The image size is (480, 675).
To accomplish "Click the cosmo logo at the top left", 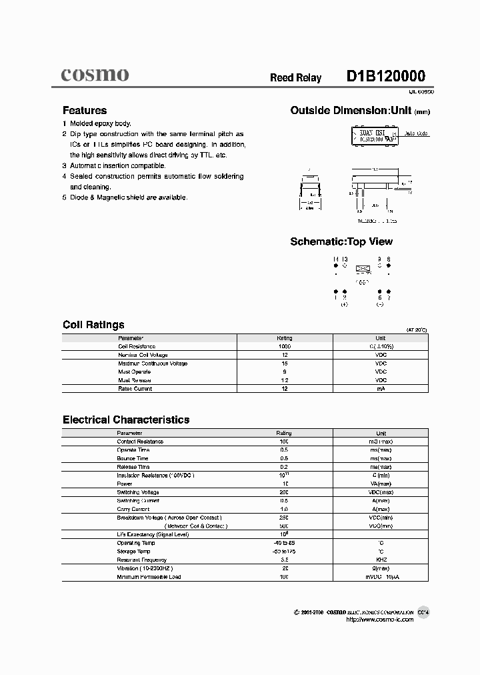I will [x=95, y=75].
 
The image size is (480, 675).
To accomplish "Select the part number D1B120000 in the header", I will [x=385, y=77].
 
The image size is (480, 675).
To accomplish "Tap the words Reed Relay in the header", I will [x=295, y=78].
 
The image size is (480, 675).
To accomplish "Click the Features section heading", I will [x=85, y=111].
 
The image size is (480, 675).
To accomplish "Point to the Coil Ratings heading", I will [x=93, y=325].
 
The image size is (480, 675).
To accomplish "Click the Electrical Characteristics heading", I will [x=126, y=420].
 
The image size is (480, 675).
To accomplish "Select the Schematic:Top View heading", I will [x=341, y=241].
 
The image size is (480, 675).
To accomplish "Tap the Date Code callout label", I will [x=417, y=134].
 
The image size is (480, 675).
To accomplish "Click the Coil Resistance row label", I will [x=137, y=347].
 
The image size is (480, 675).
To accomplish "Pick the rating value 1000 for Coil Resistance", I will [x=284, y=347].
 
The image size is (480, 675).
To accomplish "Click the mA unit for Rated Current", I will [x=381, y=389].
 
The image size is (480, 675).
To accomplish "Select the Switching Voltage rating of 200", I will [x=284, y=492].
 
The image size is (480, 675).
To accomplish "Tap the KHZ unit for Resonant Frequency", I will [x=381, y=560].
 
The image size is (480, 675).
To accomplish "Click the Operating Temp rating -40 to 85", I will [x=284, y=543].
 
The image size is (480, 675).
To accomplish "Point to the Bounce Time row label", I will [x=133, y=458].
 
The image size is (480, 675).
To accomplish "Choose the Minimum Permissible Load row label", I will [x=149, y=576].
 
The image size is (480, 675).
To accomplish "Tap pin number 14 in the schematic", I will [x=335, y=259].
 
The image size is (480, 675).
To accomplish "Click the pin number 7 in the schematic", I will [x=389, y=298].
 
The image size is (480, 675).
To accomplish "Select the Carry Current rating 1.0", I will [x=284, y=509].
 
